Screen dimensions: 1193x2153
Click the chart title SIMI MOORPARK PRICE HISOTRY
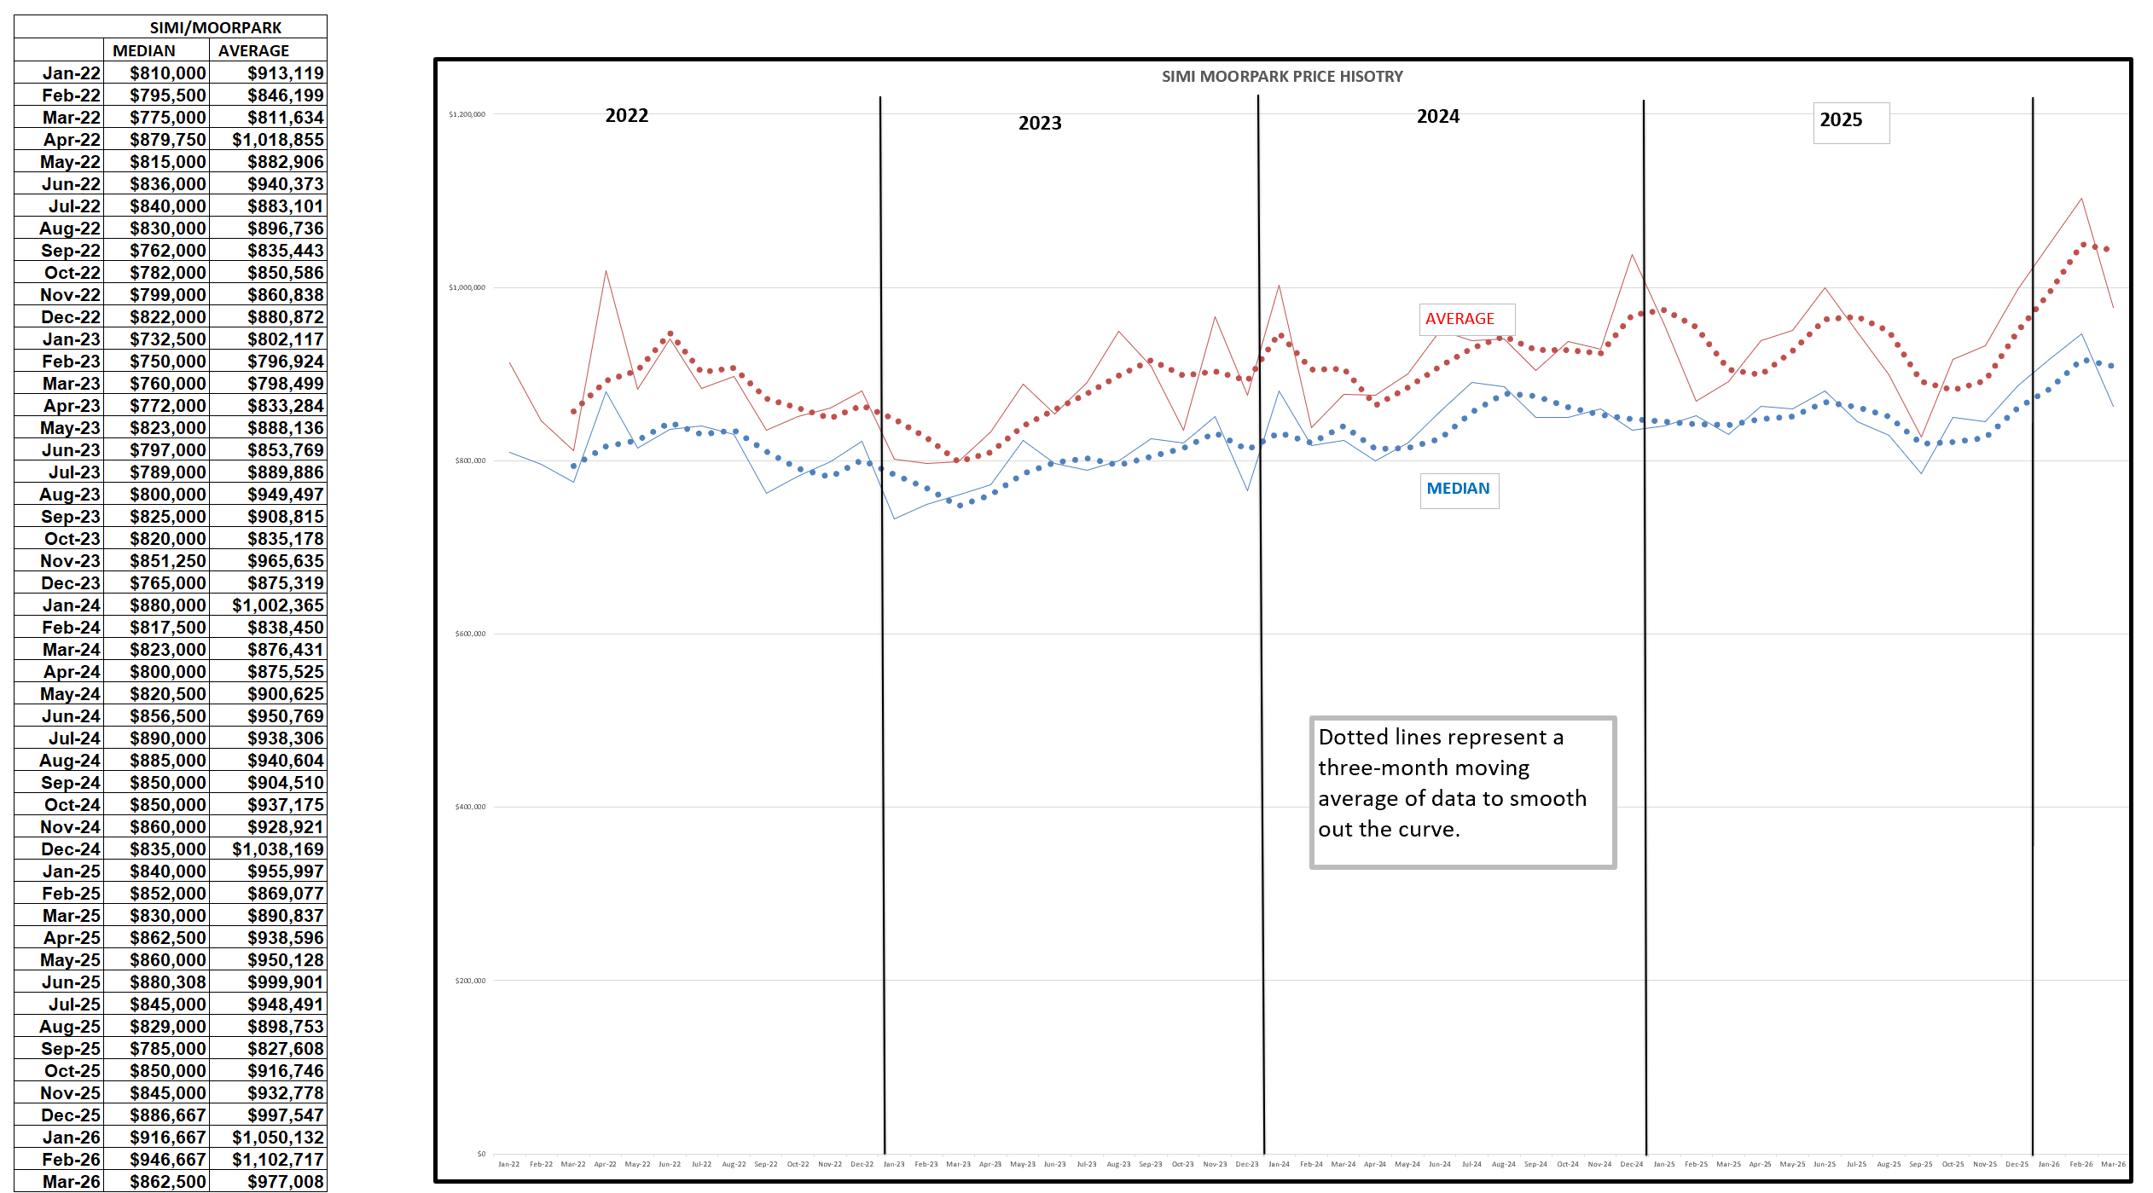(1281, 77)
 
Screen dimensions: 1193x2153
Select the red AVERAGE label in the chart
(1460, 319)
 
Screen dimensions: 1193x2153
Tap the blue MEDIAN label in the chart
(1458, 489)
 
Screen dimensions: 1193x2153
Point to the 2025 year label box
(1841, 120)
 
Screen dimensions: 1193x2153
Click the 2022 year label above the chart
(626, 116)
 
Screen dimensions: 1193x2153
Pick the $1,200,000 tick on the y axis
(467, 114)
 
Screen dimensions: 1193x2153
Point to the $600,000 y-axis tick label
(469, 634)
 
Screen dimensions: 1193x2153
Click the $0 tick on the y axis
(481, 1154)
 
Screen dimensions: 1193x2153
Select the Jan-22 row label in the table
(72, 73)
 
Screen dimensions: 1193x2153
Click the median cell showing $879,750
(168, 140)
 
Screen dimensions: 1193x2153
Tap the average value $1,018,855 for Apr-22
(278, 140)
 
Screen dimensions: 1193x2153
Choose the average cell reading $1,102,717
(278, 1160)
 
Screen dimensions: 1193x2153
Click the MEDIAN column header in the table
(144, 51)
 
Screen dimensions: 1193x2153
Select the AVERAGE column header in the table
(253, 51)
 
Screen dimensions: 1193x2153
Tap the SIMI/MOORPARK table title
(215, 28)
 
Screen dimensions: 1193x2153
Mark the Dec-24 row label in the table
(71, 849)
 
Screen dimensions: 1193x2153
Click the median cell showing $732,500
(168, 339)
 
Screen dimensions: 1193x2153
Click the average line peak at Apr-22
(606, 271)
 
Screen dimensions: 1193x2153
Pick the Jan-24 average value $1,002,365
(278, 605)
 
